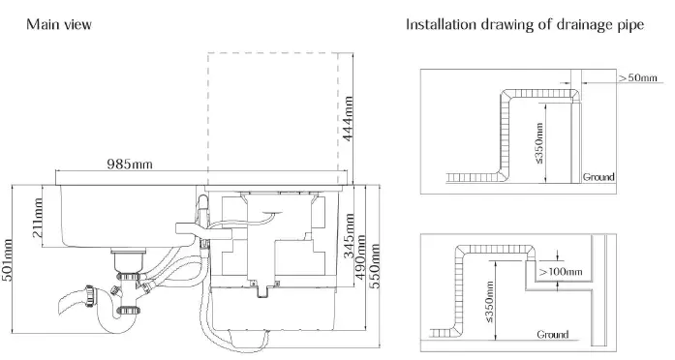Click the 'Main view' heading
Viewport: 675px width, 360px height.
coord(60,24)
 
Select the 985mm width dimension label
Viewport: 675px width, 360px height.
coord(130,164)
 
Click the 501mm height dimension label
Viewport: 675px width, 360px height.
coord(10,261)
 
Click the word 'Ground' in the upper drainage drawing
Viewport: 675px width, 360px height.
coord(598,177)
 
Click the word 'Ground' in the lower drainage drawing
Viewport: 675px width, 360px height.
coord(553,334)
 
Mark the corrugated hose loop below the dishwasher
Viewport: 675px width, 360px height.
coord(215,319)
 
